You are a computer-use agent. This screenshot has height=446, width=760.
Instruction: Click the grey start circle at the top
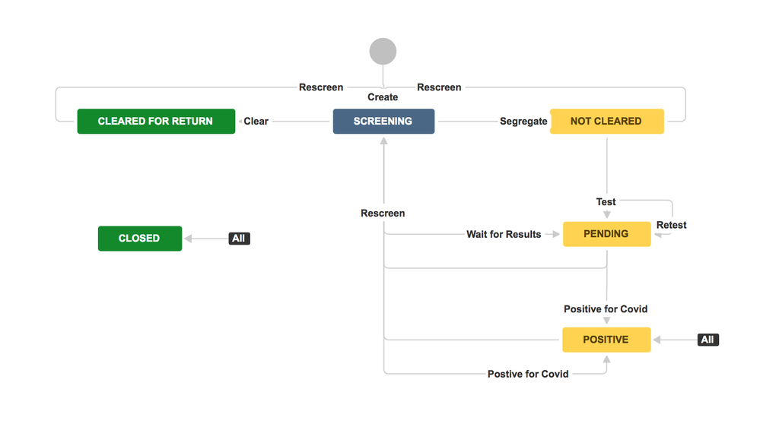coord(383,52)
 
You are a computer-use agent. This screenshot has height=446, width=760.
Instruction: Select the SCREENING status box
coord(383,122)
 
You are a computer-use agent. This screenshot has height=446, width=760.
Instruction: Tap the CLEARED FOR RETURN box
coord(156,122)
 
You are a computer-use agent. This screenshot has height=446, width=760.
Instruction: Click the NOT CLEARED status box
coord(606,122)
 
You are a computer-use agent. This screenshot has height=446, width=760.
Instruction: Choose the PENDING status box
coord(606,234)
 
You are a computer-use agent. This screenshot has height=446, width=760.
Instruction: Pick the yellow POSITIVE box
coord(606,340)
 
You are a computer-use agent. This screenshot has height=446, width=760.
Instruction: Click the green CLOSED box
coord(140,239)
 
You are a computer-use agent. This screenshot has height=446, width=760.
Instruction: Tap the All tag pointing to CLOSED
coord(239,239)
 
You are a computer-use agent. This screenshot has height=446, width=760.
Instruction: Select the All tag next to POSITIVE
coord(708,340)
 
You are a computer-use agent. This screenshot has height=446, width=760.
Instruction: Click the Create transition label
coord(383,97)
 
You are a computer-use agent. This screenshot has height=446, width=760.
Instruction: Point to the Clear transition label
coord(256,122)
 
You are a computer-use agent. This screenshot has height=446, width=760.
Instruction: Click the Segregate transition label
coord(523,122)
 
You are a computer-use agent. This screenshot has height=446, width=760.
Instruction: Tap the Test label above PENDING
coord(606,202)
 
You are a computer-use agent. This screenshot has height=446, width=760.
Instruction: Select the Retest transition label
coord(671,225)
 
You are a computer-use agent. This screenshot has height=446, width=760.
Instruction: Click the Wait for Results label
coord(504,234)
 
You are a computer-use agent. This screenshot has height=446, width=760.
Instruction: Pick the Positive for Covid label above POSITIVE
coord(606,309)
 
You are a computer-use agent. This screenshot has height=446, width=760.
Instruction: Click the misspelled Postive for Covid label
coord(528,374)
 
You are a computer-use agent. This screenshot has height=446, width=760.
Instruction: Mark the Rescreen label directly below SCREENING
coord(383,214)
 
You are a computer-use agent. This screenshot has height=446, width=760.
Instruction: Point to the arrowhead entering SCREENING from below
coord(383,140)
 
